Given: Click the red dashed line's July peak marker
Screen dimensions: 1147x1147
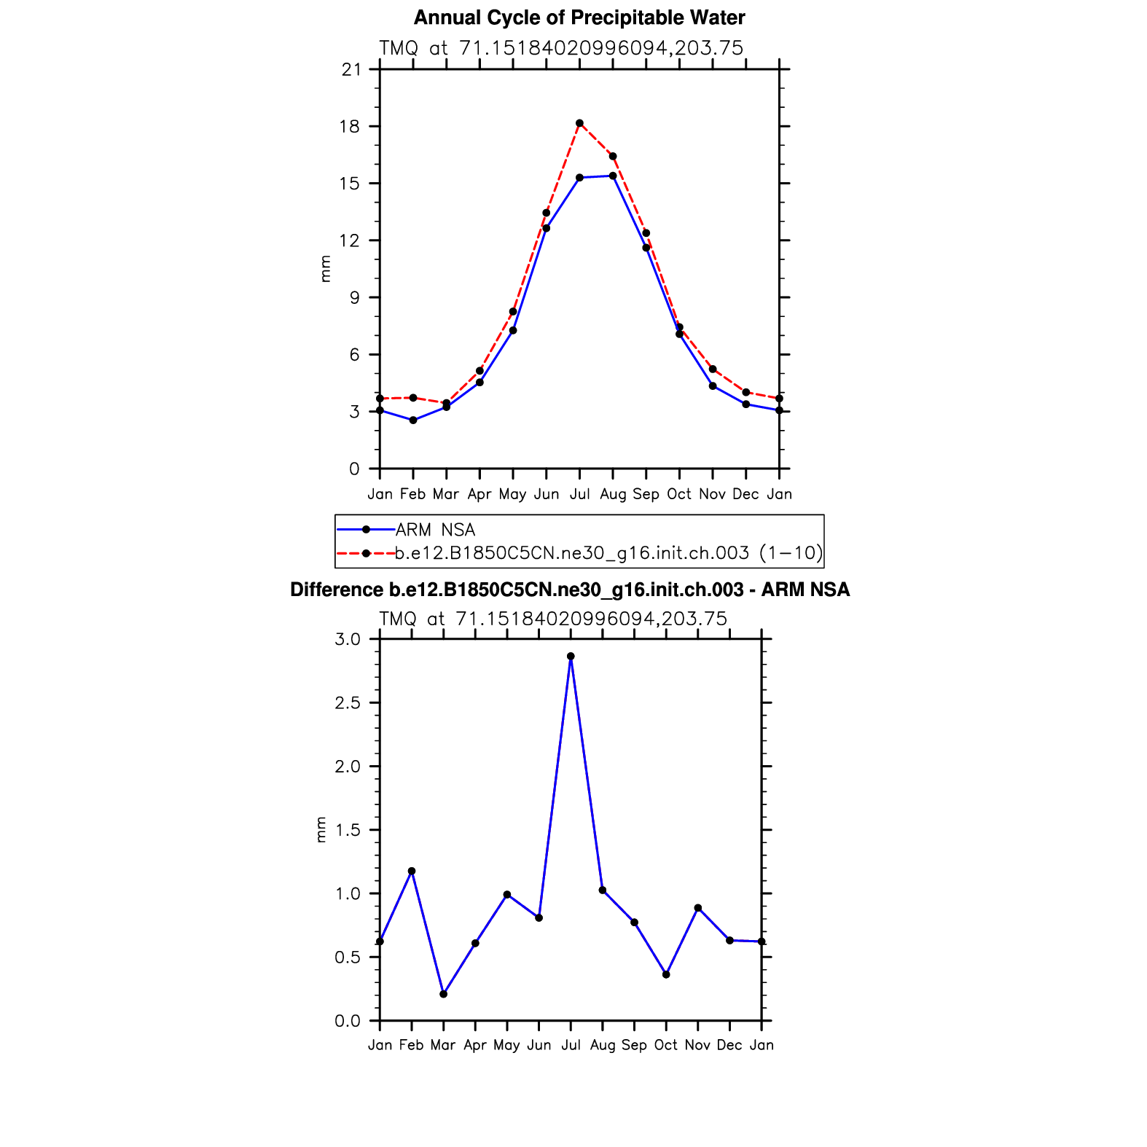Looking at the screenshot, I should click(x=579, y=123).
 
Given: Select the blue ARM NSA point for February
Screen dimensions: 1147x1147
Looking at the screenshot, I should click(x=413, y=420).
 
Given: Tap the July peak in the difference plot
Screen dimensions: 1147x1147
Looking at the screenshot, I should click(x=571, y=657).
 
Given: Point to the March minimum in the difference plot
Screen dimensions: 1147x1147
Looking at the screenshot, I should click(x=443, y=994).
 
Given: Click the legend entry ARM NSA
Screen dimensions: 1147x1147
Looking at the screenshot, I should click(x=435, y=530).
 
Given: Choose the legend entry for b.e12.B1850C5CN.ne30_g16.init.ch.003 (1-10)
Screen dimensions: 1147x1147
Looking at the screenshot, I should click(x=608, y=553).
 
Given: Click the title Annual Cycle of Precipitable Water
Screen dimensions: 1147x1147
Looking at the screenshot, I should click(x=579, y=17).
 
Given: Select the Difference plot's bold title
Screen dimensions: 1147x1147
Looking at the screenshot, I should click(x=570, y=590).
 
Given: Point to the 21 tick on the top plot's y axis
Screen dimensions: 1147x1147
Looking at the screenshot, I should click(x=352, y=69).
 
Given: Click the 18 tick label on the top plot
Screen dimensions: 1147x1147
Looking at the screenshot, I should click(x=351, y=127).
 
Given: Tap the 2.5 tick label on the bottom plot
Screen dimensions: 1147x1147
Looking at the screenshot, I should click(x=348, y=703).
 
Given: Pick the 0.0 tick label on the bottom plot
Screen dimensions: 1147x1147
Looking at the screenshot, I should click(x=348, y=1021).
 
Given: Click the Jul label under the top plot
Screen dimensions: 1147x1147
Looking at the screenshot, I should click(x=579, y=494).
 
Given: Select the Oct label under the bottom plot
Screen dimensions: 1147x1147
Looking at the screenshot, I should click(x=666, y=1045).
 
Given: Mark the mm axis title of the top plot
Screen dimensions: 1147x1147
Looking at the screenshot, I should click(x=325, y=269).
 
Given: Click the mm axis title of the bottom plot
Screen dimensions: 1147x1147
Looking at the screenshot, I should click(x=321, y=829).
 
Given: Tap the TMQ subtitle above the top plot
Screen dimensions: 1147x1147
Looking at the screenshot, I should click(x=561, y=48).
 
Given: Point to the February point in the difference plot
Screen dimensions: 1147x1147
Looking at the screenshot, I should click(x=412, y=871).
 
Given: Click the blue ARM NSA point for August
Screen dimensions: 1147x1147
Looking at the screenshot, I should click(x=613, y=176).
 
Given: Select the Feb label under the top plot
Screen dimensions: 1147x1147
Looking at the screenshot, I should click(x=413, y=494).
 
